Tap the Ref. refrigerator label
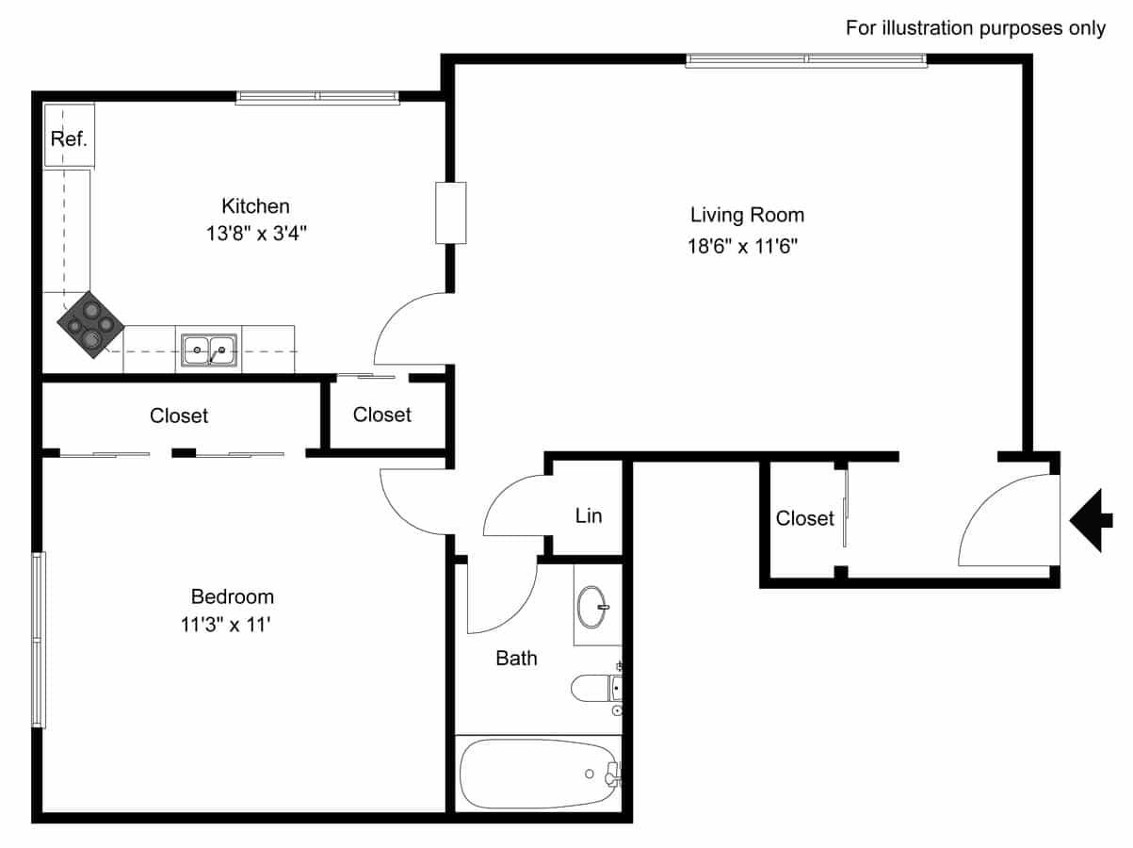(x=69, y=139)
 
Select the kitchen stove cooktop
(x=90, y=325)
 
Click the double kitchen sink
(x=209, y=350)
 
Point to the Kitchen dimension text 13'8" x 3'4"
(x=256, y=234)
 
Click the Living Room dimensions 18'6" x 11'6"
(x=742, y=246)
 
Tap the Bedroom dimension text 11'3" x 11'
(x=226, y=625)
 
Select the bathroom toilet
(x=597, y=689)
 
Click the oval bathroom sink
(x=591, y=607)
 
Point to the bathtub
(x=540, y=774)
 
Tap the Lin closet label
(x=589, y=515)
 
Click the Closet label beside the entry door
(x=804, y=518)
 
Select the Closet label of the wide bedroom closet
(x=179, y=416)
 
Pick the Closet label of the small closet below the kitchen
(x=382, y=415)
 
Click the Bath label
(x=516, y=659)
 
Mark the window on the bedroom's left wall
(x=39, y=641)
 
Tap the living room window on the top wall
(x=806, y=60)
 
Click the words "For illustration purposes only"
(x=976, y=28)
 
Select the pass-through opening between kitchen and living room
(x=450, y=213)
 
